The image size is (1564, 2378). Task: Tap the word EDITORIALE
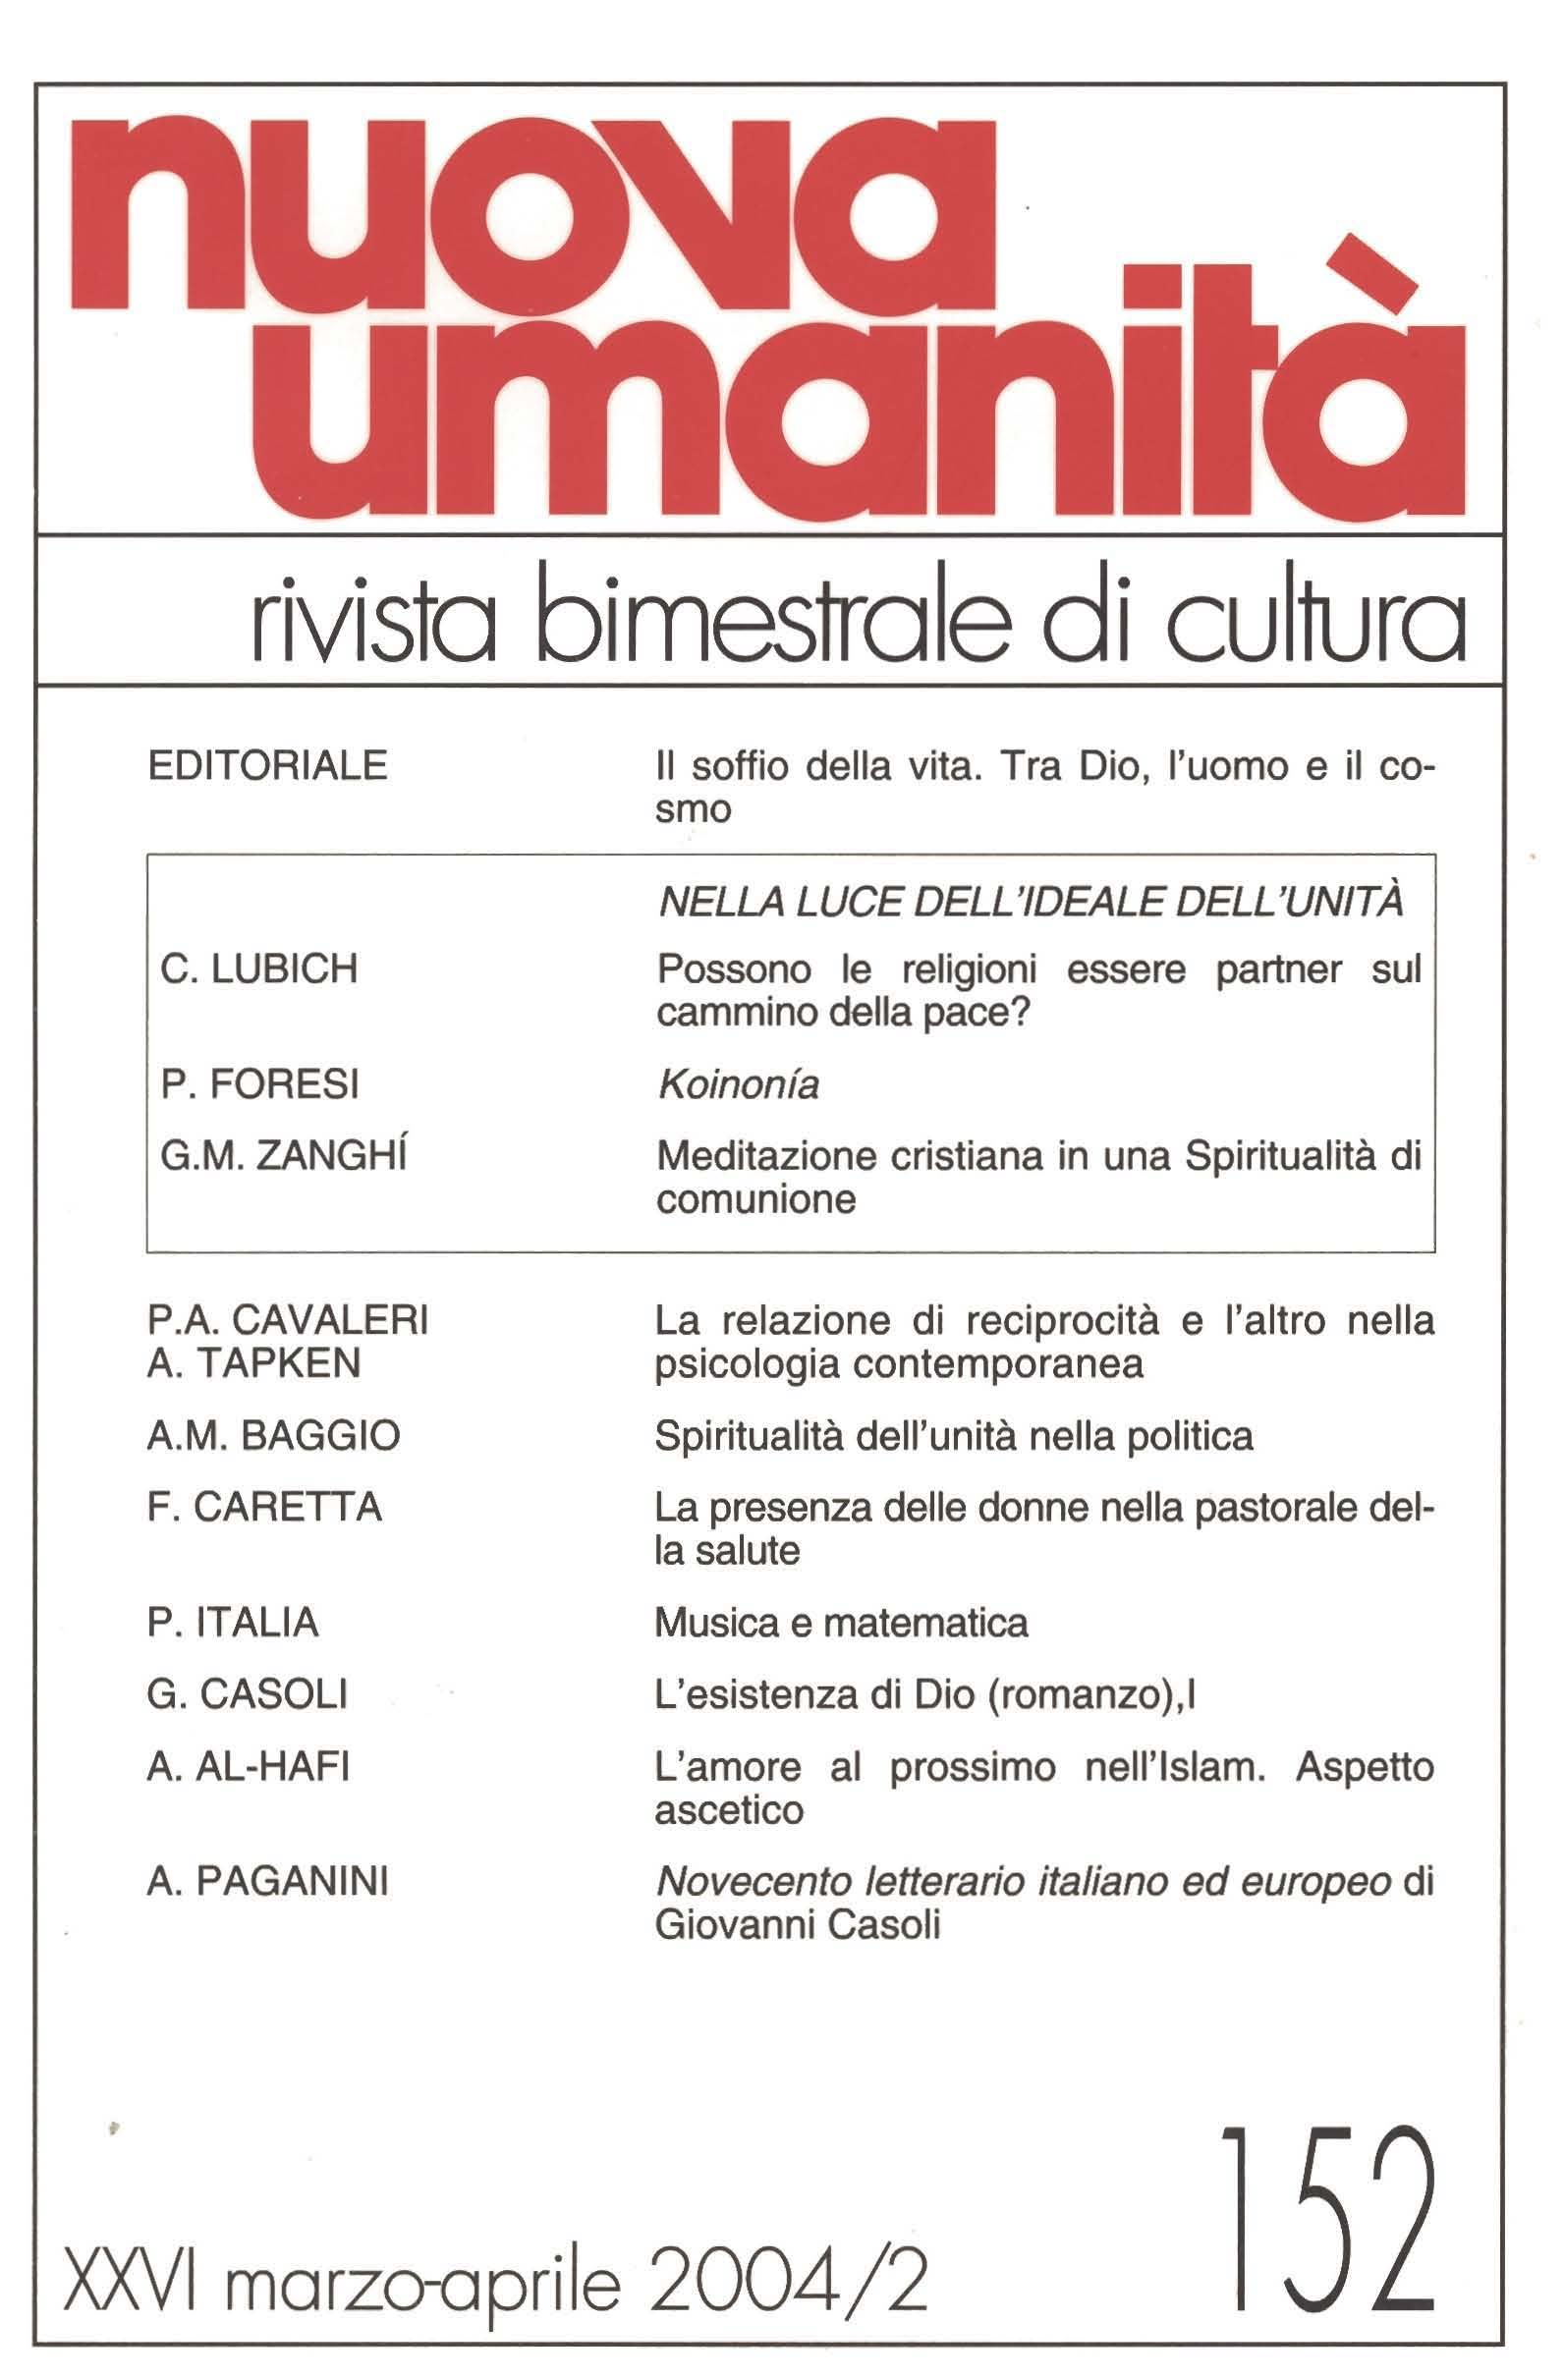coord(267,765)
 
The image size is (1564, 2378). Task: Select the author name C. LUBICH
coord(258,968)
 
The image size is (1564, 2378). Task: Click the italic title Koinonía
coord(739,1084)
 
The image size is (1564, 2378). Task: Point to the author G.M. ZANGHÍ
coord(283,1156)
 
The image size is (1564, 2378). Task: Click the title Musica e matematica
coord(841,1623)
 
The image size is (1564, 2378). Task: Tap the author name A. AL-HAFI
coord(248,1767)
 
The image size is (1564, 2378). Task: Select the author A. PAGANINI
coord(267,1881)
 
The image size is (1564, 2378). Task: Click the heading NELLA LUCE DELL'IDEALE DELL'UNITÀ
coord(1031,903)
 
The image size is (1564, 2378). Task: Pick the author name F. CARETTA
coord(264,1507)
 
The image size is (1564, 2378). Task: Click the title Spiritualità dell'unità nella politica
coord(953,1436)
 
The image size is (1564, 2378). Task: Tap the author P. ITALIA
coord(233,1623)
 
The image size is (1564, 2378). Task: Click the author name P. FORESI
coord(259,1084)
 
